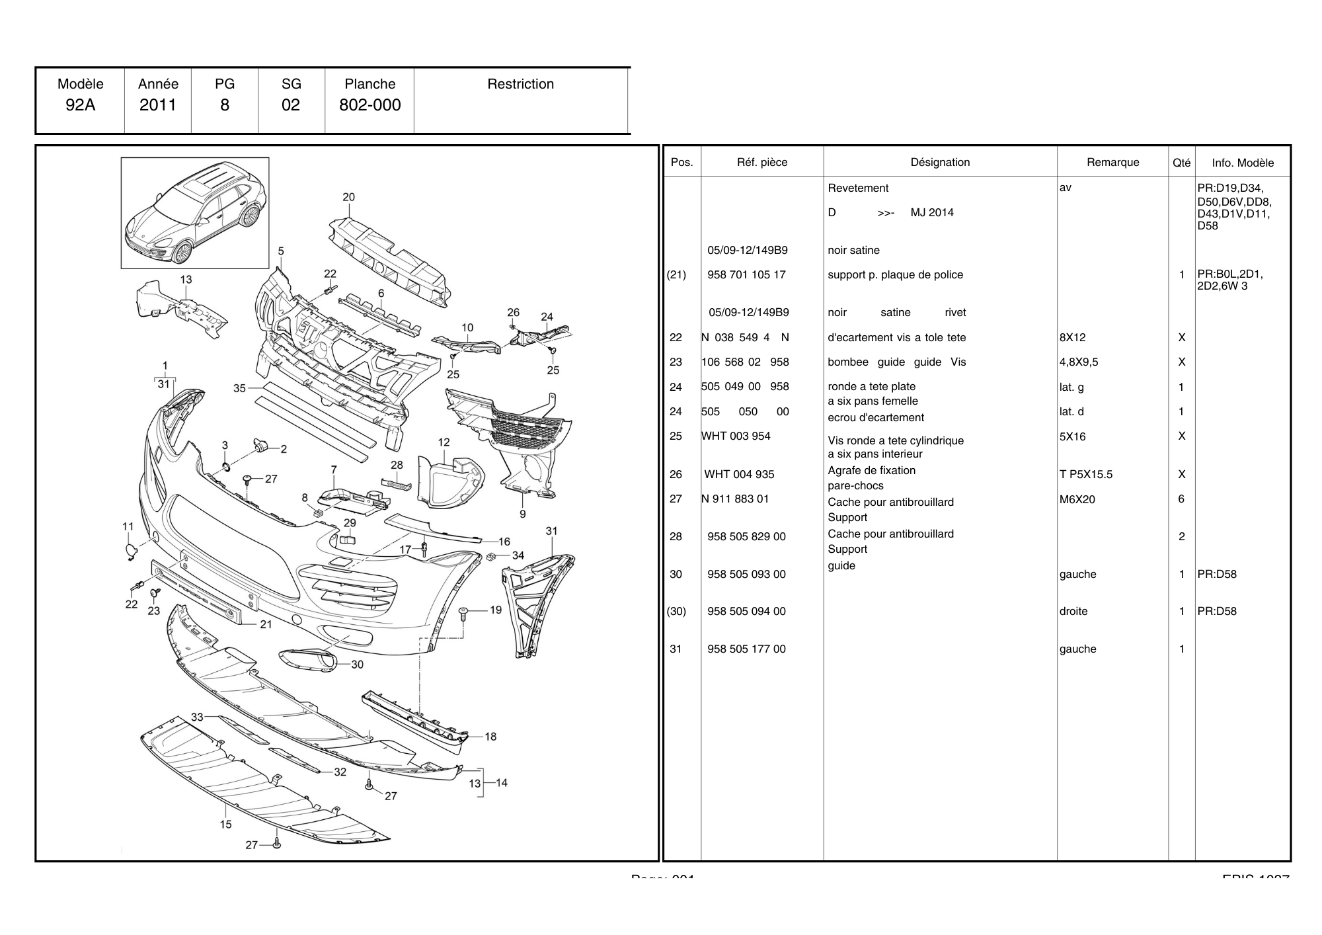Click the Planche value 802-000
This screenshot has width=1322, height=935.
tap(369, 105)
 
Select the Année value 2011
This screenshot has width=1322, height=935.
tap(158, 105)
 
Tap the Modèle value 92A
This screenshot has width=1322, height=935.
tap(80, 105)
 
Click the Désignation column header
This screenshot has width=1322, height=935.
tap(940, 162)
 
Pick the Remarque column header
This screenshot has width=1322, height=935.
tap(1112, 162)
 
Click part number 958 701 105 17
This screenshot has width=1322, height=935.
tap(746, 274)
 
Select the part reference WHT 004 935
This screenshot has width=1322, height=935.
tap(739, 474)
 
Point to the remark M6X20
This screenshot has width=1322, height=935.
tap(1077, 499)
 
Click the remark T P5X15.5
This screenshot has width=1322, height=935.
tap(1085, 474)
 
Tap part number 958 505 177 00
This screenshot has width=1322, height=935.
tap(746, 649)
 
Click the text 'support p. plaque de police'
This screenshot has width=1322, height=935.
tap(895, 274)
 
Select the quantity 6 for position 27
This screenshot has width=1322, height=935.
tap(1181, 499)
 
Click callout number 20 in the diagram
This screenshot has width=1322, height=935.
tap(348, 197)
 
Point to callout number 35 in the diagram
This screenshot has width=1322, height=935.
tap(239, 388)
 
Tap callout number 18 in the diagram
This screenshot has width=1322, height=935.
tap(490, 736)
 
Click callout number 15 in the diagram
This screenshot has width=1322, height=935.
tap(226, 824)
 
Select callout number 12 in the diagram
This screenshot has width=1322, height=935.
tap(444, 442)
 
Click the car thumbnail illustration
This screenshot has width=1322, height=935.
tap(195, 213)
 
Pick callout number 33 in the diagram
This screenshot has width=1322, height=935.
tap(197, 717)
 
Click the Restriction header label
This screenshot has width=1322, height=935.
tap(520, 84)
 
